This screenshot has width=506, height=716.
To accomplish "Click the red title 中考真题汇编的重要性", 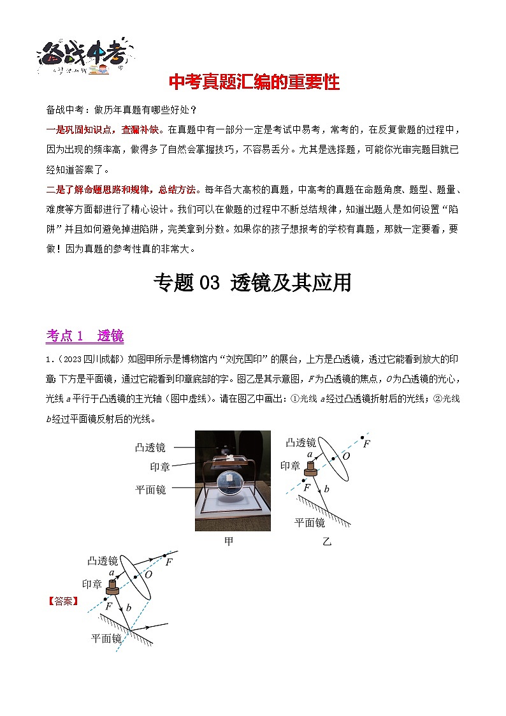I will [x=253, y=82].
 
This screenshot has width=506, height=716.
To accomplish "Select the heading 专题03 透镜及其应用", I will [x=253, y=282].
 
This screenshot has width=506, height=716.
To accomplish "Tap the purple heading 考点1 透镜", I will [x=85, y=335].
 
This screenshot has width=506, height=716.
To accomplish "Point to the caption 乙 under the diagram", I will [x=327, y=541].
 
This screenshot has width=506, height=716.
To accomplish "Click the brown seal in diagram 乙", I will [x=310, y=469].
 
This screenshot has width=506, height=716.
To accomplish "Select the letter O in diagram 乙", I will [x=346, y=457].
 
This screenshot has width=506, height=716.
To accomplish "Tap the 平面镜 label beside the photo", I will [x=151, y=490].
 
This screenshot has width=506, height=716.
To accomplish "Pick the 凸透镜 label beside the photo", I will [x=151, y=448].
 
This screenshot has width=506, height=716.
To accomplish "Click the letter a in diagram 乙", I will [x=310, y=455].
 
